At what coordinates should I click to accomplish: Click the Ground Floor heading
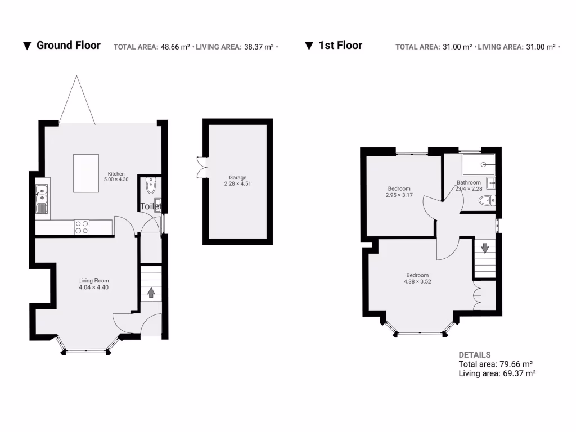coord(68,46)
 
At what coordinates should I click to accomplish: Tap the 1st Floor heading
coord(340,46)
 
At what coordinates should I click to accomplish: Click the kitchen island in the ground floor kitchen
coord(87,173)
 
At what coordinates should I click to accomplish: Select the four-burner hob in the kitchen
coord(82,227)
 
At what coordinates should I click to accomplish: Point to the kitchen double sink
coord(42,194)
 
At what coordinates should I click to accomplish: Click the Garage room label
coord(237,178)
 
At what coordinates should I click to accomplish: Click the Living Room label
coord(93,281)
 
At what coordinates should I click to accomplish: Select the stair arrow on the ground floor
coord(151,292)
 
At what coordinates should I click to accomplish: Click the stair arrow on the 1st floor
coord(484,247)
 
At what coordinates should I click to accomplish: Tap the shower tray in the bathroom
coord(478,164)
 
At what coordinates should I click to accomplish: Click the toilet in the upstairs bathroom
coord(485,200)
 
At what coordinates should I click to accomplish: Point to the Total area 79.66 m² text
coord(496,364)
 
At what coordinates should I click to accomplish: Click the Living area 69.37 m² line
coord(497,373)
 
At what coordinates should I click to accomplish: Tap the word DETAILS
coord(474,355)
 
